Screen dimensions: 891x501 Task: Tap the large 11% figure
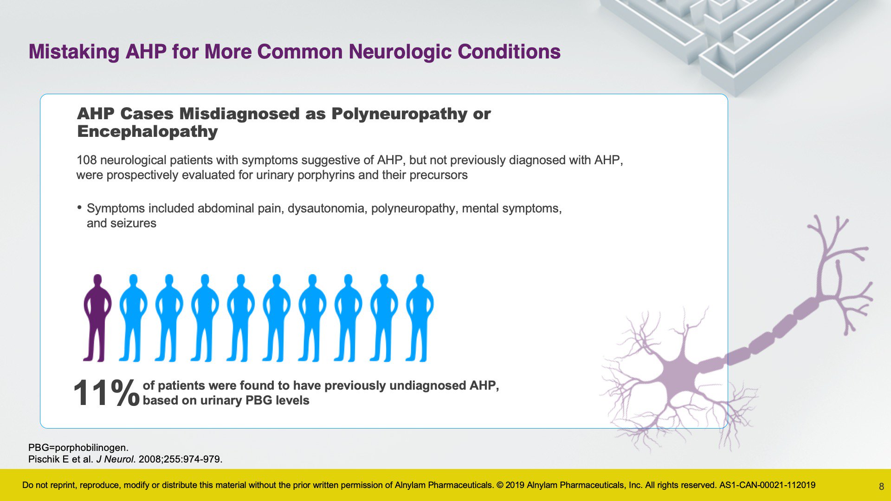[x=106, y=393]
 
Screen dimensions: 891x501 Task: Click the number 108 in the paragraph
[x=87, y=160]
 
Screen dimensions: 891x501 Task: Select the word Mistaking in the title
[x=74, y=51]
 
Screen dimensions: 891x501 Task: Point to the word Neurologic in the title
[x=400, y=51]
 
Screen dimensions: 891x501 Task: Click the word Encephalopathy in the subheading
[x=148, y=131]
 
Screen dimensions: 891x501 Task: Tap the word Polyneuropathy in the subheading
[x=400, y=114]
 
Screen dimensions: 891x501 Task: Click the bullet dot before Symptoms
[x=80, y=207]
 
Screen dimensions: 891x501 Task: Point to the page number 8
[x=881, y=487]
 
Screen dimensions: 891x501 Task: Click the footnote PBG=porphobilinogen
[x=78, y=448]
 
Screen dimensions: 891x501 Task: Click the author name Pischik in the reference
[x=44, y=459]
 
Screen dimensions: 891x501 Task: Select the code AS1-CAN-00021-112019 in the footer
[x=767, y=485]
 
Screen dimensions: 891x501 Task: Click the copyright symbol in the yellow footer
[x=500, y=485]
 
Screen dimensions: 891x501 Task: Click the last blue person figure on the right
[x=420, y=318]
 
